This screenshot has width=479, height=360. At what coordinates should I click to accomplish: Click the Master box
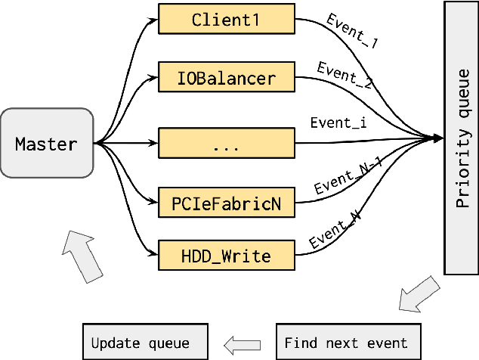point(47,143)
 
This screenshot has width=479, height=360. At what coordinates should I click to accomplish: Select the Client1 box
point(226,20)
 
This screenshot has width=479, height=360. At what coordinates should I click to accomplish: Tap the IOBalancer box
point(226,77)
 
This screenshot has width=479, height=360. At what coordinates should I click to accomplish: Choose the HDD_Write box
point(226,256)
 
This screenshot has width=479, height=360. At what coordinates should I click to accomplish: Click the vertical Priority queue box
point(460,138)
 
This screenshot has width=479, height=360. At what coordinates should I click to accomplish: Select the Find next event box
point(345,343)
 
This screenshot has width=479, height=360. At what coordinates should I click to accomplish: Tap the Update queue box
point(144,343)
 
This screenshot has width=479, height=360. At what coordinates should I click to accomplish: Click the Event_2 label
point(345,76)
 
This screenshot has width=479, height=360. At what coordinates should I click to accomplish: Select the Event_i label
point(338,123)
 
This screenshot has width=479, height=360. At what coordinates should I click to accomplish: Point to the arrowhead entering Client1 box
point(153,20)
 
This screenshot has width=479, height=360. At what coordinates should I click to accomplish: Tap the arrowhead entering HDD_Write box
point(153,256)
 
